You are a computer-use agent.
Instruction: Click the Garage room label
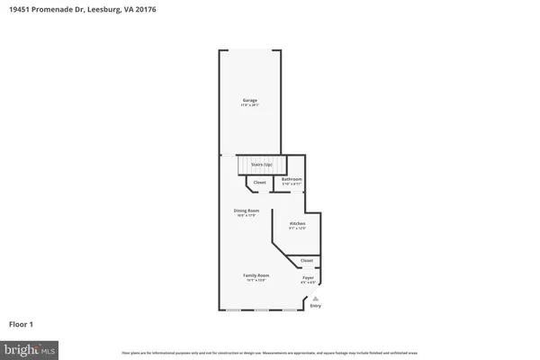(x=250, y=100)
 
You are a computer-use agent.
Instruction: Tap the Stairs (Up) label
(x=262, y=166)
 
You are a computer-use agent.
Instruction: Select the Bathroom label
(x=292, y=179)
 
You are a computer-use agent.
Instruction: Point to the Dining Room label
(x=247, y=211)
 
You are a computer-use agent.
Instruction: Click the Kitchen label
(x=297, y=223)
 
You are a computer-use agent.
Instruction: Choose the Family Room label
(x=256, y=275)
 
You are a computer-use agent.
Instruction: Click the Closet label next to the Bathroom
(x=259, y=183)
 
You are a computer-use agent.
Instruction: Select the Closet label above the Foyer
(x=307, y=261)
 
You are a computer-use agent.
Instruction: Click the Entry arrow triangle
(x=316, y=299)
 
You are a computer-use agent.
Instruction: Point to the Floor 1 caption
(x=22, y=324)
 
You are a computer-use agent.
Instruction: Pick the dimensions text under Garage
(x=250, y=105)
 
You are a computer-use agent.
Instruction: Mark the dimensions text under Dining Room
(x=247, y=216)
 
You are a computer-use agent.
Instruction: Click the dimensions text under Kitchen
(x=297, y=229)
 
